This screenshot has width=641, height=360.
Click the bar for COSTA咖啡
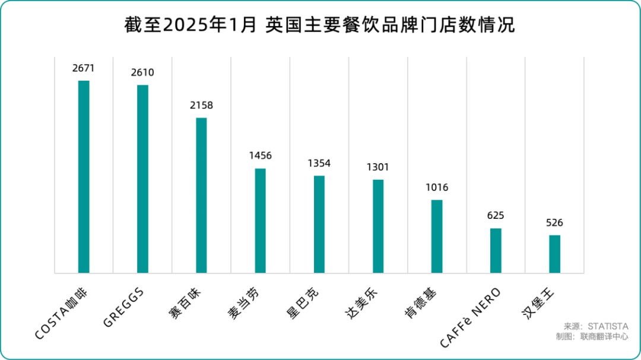pyautogui.click(x=84, y=177)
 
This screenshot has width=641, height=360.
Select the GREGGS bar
pyautogui.click(x=142, y=179)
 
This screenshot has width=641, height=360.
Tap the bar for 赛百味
pyautogui.click(x=201, y=195)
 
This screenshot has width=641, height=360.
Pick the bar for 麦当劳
pyautogui.click(x=261, y=221)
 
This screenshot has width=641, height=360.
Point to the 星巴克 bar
pyautogui.click(x=319, y=224)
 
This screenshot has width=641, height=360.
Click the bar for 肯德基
pyautogui.click(x=437, y=236)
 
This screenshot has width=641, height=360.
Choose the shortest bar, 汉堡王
pyautogui.click(x=555, y=254)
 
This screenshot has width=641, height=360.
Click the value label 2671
pyautogui.click(x=84, y=68)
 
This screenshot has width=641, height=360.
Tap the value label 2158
pyautogui.click(x=201, y=106)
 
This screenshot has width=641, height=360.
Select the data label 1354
pyautogui.click(x=319, y=163)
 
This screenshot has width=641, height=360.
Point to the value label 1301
pyautogui.click(x=378, y=167)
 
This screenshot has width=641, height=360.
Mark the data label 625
pyautogui.click(x=496, y=216)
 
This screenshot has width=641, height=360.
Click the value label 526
pyautogui.click(x=555, y=223)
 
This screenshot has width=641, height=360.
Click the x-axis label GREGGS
pyautogui.click(x=123, y=306)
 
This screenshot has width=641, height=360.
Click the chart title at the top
pyautogui.click(x=320, y=26)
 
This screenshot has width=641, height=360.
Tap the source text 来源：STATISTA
pyautogui.click(x=595, y=326)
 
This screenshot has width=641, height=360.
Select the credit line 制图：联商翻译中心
pyautogui.click(x=592, y=336)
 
